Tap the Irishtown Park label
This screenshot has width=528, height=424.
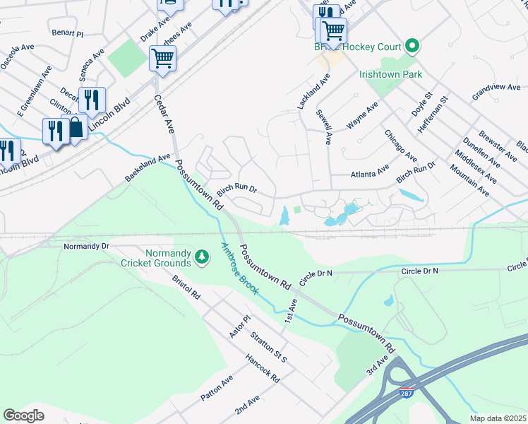390,73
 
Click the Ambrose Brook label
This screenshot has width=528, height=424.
240,269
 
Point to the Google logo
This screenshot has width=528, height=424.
23,416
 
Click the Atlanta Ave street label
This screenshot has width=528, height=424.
370,172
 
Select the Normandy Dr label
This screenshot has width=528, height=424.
86,246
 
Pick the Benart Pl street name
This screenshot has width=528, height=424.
67,33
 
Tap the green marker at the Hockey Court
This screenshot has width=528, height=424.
412,47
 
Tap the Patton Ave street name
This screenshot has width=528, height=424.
216,389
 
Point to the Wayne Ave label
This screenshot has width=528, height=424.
362,116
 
